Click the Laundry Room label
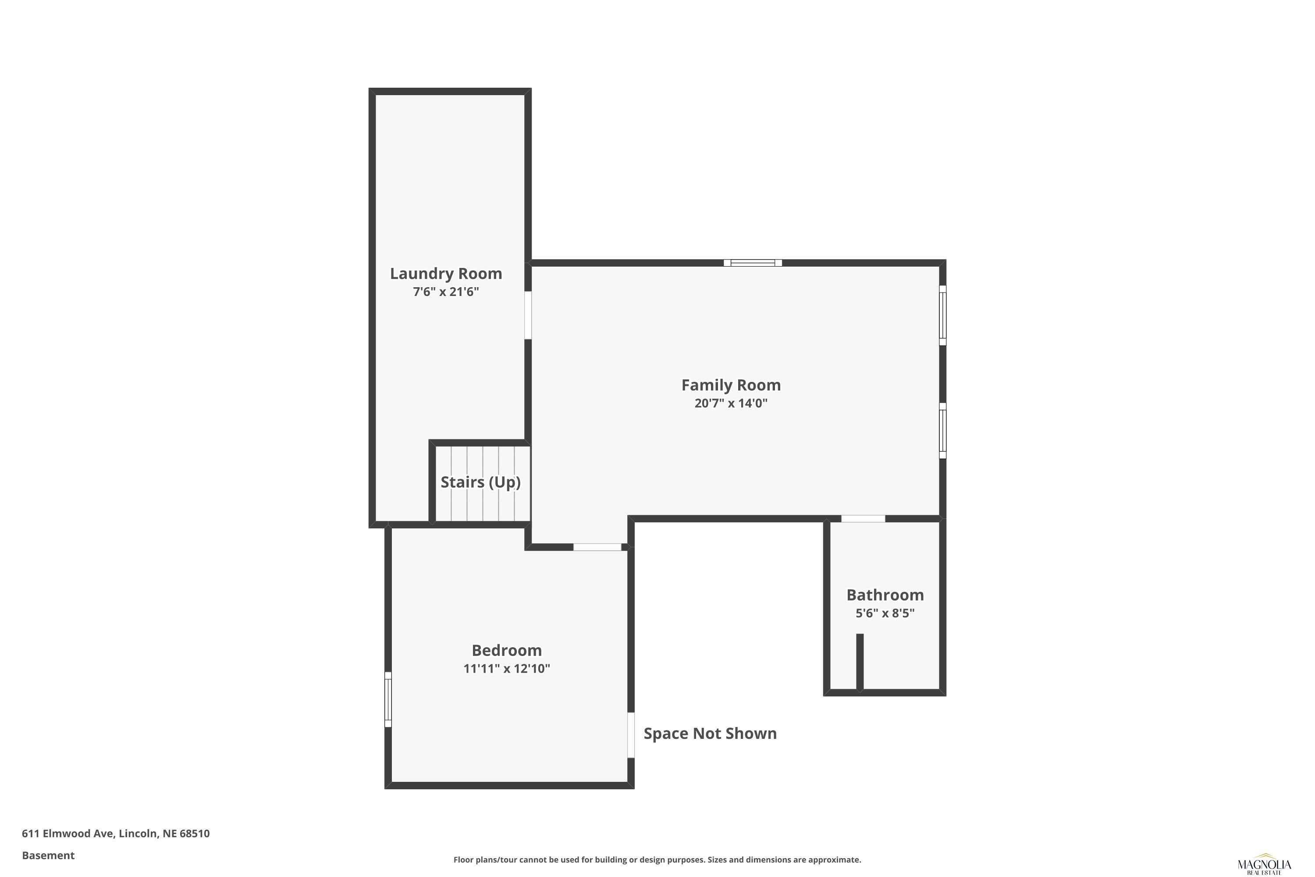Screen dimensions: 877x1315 click(x=446, y=274)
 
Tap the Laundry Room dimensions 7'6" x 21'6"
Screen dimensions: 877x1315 click(x=446, y=292)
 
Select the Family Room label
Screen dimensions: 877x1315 click(x=731, y=385)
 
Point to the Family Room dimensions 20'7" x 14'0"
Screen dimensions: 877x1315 click(x=731, y=403)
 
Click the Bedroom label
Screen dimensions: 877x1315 click(x=507, y=650)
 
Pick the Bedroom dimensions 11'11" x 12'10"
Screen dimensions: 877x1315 click(x=507, y=668)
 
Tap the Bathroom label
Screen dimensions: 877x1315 click(x=885, y=595)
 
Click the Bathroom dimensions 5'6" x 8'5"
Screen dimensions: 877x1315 click(x=885, y=613)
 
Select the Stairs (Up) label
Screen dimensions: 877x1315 click(x=480, y=482)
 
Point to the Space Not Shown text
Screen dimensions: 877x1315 click(x=710, y=733)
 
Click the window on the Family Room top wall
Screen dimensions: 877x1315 click(x=753, y=263)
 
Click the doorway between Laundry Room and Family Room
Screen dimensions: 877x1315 click(x=527, y=315)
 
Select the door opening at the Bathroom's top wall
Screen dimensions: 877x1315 click(x=863, y=518)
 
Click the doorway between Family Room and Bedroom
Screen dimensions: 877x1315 click(x=597, y=546)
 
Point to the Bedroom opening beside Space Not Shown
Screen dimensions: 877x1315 click(x=631, y=734)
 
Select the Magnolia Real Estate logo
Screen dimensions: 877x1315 click(x=1264, y=865)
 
